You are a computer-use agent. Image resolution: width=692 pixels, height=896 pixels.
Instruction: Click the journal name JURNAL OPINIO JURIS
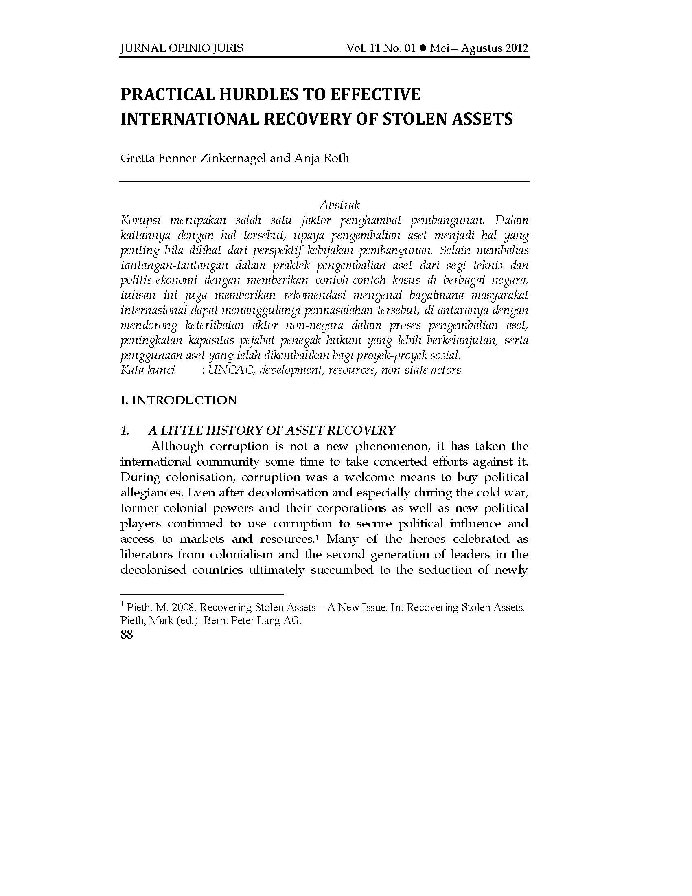181,48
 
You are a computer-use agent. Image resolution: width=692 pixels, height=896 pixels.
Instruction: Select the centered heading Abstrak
339,204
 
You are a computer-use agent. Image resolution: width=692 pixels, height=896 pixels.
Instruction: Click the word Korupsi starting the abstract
140,221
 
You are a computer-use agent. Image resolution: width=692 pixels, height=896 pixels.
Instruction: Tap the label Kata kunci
148,370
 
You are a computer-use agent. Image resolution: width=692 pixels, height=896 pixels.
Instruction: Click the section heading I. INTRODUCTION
179,400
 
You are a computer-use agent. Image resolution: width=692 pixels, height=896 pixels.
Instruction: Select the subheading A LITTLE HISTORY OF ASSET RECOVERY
272,430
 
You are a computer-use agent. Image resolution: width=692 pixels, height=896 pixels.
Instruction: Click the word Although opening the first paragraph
177,446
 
